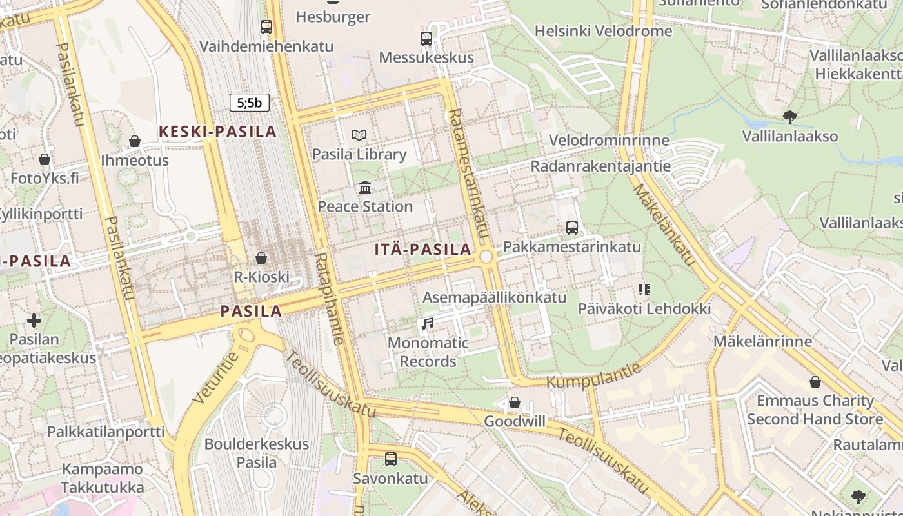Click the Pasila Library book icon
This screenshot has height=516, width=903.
[359, 135]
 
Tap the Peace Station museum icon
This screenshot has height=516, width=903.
[365, 188]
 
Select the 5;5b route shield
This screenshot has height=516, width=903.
[250, 102]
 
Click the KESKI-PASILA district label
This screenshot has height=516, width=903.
[217, 132]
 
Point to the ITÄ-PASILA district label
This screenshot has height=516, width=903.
[422, 250]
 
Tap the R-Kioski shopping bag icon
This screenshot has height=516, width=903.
[261, 258]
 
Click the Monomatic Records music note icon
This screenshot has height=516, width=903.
[427, 323]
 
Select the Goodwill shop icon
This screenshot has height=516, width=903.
[514, 402]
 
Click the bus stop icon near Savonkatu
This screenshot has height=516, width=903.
[390, 459]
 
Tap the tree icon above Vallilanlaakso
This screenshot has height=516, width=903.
[789, 117]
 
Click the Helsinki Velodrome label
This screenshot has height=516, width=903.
[603, 31]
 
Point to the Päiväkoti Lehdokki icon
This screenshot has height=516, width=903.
[643, 290]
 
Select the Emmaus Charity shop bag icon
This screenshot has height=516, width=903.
[815, 382]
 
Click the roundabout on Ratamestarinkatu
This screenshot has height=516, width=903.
[486, 257]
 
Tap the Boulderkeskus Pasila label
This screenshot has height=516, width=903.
[257, 453]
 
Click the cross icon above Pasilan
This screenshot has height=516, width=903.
[34, 320]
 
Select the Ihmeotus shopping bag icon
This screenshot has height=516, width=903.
[135, 141]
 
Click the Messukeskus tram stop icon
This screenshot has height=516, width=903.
[426, 39]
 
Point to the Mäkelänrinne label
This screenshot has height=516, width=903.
[762, 341]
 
